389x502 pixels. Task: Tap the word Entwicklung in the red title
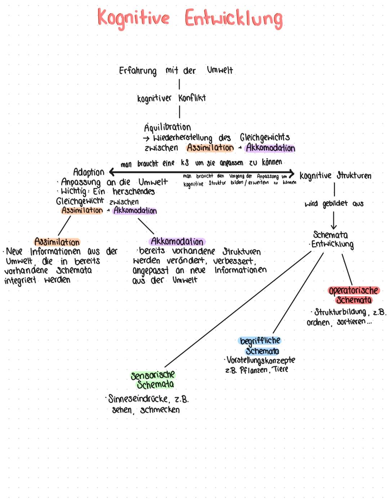234,19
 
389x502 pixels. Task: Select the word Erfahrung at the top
138,71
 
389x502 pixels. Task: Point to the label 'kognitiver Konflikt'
171,98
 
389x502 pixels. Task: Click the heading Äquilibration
167,127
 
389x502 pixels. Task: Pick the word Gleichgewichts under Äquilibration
265,138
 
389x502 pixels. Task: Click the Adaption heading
89,172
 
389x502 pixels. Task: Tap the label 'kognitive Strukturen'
335,176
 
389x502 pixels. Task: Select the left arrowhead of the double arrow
111,171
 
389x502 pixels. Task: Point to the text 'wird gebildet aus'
334,204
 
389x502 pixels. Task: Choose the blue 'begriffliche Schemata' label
260,346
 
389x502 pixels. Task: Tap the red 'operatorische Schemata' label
354,295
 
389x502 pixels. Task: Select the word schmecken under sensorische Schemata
160,410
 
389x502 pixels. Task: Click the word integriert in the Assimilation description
20,281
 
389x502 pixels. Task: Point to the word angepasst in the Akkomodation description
151,270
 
